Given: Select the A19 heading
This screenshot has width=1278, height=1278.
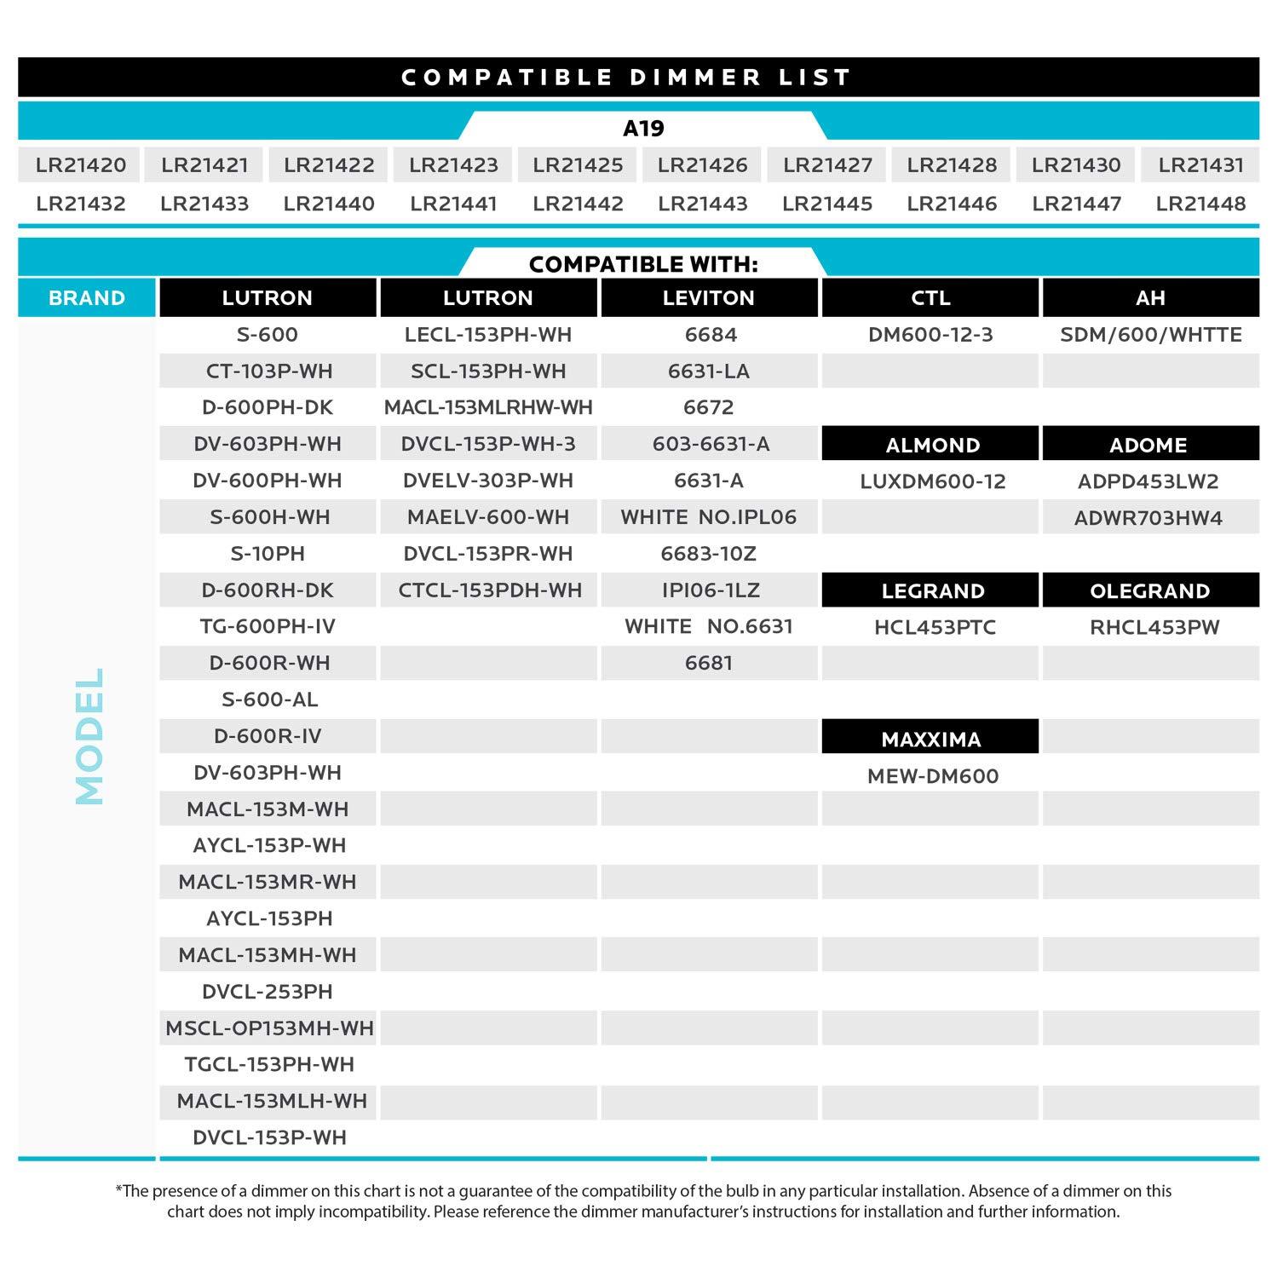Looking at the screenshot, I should pyautogui.click(x=643, y=129).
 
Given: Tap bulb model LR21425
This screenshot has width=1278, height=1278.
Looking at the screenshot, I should pyautogui.click(x=578, y=165).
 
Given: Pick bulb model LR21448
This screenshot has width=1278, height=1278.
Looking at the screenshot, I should pyautogui.click(x=1200, y=204).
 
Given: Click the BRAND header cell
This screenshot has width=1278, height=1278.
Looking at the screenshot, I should pyautogui.click(x=87, y=298).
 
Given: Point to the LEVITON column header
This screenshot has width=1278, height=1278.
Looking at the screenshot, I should pyautogui.click(x=709, y=298).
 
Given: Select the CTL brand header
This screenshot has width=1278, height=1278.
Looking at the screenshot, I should pyautogui.click(x=930, y=298).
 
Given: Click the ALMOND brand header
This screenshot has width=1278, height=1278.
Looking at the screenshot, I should pyautogui.click(x=932, y=445).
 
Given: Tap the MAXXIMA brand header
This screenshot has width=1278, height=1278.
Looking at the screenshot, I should pyautogui.click(x=930, y=739).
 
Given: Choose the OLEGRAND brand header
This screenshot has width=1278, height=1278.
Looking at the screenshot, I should pyautogui.click(x=1149, y=591).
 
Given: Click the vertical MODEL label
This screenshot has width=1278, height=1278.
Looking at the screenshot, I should pyautogui.click(x=89, y=736).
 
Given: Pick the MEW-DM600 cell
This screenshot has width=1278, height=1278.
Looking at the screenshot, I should pyautogui.click(x=932, y=776).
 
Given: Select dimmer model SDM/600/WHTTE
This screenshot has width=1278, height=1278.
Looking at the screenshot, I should pyautogui.click(x=1150, y=335).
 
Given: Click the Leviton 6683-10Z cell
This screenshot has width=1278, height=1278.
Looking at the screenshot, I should pyautogui.click(x=709, y=554).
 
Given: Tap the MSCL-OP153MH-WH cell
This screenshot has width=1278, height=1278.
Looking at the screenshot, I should pyautogui.click(x=269, y=1028).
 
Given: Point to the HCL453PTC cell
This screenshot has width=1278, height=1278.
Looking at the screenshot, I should pyautogui.click(x=935, y=628).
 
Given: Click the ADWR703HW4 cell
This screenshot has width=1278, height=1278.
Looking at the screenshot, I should pyautogui.click(x=1148, y=518).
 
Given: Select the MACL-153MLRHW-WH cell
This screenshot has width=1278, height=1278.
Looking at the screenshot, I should pyautogui.click(x=488, y=407).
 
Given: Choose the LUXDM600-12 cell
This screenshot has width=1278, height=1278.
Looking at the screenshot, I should pyautogui.click(x=932, y=481).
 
